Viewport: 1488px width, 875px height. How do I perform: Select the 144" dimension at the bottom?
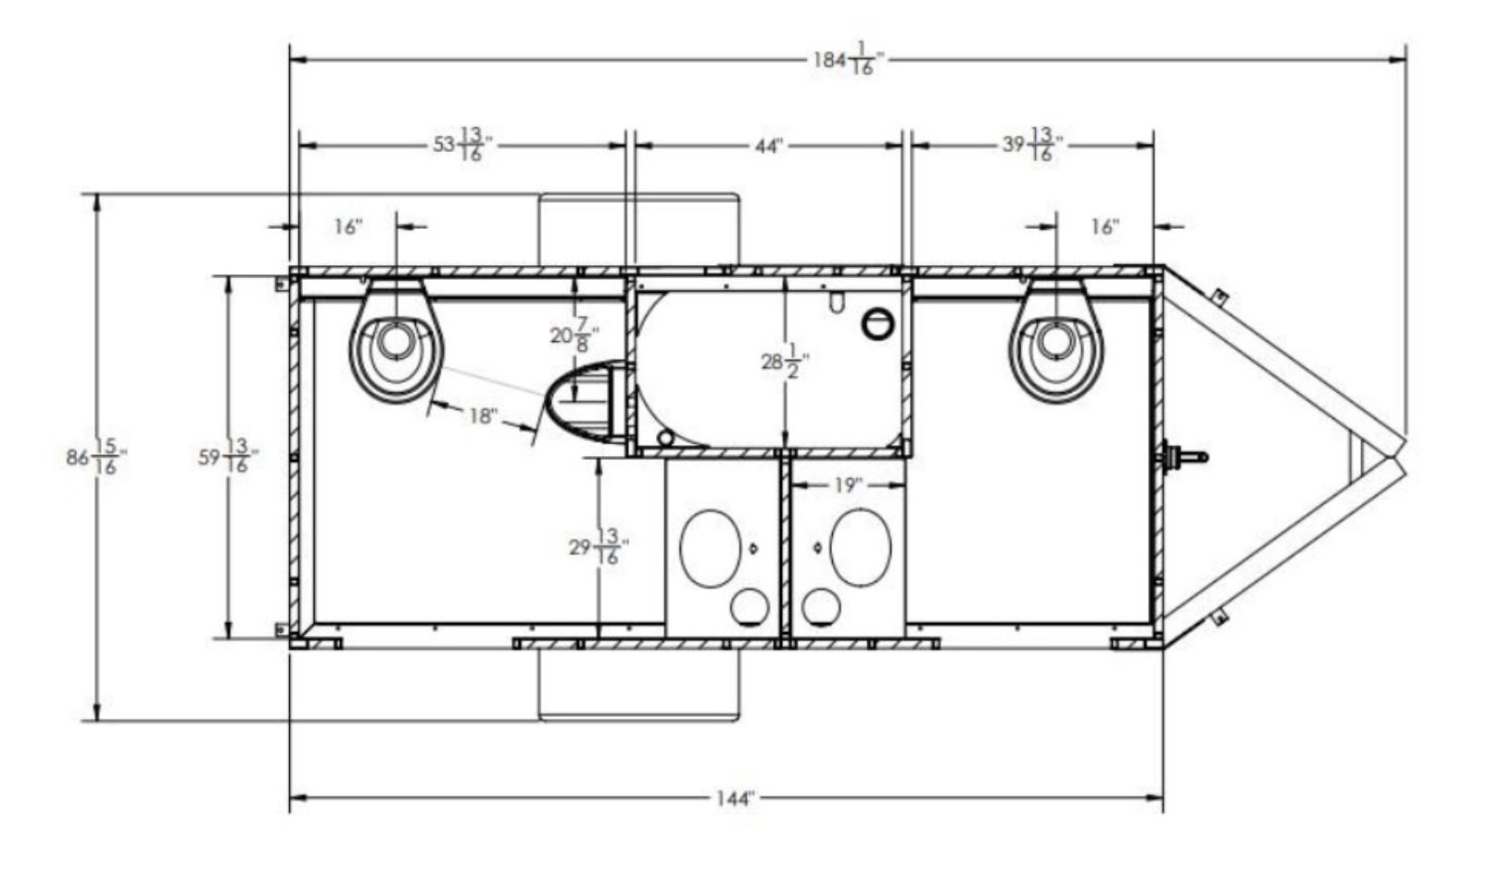point(734,798)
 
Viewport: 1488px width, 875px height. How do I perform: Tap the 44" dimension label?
point(768,146)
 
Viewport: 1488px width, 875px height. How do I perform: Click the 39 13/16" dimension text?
point(1032,146)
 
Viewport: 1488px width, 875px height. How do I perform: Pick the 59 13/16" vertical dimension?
point(227,457)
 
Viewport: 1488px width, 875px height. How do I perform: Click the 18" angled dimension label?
point(482,416)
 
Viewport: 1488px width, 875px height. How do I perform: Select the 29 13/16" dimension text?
point(594,547)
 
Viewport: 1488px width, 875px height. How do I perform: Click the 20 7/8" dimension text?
point(574,335)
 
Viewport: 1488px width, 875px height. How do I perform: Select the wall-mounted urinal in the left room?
point(584,401)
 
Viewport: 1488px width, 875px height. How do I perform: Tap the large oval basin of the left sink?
point(710,547)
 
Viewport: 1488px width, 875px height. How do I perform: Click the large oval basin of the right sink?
point(860,547)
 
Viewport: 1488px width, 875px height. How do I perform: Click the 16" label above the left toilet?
point(347,227)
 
